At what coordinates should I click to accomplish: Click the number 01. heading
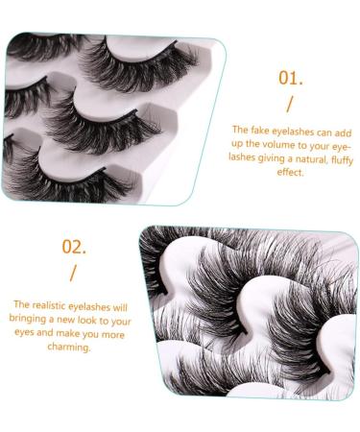click(x=291, y=78)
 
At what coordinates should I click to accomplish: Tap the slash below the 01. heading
click(x=291, y=104)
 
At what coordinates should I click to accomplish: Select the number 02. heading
click(x=74, y=246)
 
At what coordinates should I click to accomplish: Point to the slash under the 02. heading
click(x=73, y=271)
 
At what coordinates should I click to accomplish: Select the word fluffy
click(x=332, y=158)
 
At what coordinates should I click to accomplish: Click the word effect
click(x=289, y=173)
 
